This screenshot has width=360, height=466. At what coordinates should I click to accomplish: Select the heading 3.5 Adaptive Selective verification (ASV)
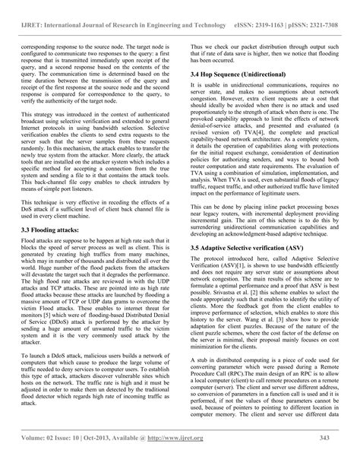(x=242, y=268)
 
